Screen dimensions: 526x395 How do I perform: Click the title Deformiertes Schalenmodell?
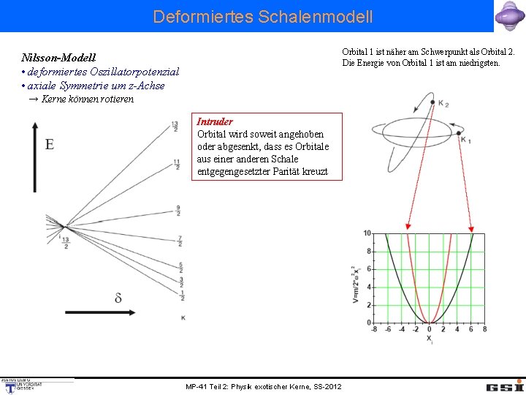click(x=262, y=16)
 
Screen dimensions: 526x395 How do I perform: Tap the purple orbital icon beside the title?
click(x=508, y=16)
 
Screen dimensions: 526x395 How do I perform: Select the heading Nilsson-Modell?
click(x=58, y=57)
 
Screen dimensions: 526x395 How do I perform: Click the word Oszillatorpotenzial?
click(x=134, y=72)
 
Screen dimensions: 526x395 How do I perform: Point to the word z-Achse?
click(x=145, y=86)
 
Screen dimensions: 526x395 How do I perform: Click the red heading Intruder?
click(x=215, y=121)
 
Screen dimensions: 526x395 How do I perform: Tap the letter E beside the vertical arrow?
click(x=49, y=144)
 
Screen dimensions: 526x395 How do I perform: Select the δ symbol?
click(x=118, y=297)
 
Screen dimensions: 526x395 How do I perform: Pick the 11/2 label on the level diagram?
click(x=177, y=165)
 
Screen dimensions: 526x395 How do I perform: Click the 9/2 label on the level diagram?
click(x=178, y=211)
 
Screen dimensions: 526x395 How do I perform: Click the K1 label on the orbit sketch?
click(x=466, y=140)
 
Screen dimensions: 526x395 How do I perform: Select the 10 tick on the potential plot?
click(x=367, y=233)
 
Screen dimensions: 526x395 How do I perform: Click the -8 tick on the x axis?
click(x=374, y=329)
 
